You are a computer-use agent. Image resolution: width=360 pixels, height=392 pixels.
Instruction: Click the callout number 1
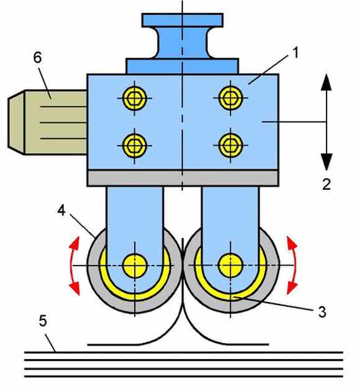pos(295,53)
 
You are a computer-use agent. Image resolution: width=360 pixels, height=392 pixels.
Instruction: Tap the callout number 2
pos(326,184)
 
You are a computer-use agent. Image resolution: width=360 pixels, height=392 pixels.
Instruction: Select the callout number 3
pos(322,312)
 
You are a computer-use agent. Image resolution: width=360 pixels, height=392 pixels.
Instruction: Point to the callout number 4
pos(61,210)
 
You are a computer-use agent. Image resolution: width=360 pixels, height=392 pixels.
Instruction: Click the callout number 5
pos(43,321)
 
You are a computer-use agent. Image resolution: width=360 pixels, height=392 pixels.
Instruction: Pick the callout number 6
pos(37,58)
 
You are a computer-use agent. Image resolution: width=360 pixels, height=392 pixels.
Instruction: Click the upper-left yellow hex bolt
pos(135,98)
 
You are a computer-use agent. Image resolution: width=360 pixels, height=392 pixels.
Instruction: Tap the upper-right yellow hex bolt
pos(230,98)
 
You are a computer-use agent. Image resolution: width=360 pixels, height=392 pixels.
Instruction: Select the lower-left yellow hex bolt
pos(135,146)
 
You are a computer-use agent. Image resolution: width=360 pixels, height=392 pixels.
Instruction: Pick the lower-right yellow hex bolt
pos(230,145)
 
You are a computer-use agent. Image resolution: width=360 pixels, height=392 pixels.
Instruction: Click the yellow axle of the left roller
pos(135,265)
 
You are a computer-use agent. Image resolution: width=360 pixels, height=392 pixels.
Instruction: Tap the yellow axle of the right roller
pos(230,265)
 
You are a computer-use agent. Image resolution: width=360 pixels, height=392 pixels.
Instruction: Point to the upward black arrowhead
pos(326,82)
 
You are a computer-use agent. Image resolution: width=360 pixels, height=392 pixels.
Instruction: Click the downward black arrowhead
pos(326,162)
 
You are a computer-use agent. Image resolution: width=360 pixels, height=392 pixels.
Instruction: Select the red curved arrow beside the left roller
pos(73,265)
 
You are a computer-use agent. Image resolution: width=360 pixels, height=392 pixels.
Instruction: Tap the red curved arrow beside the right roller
pos(294,265)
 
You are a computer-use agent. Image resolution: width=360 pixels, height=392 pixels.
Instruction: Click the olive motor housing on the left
pos(48,122)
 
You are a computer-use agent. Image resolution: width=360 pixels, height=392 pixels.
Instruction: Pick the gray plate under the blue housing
pos(183,178)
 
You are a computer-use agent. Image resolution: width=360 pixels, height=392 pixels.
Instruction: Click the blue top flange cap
pos(182,20)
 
